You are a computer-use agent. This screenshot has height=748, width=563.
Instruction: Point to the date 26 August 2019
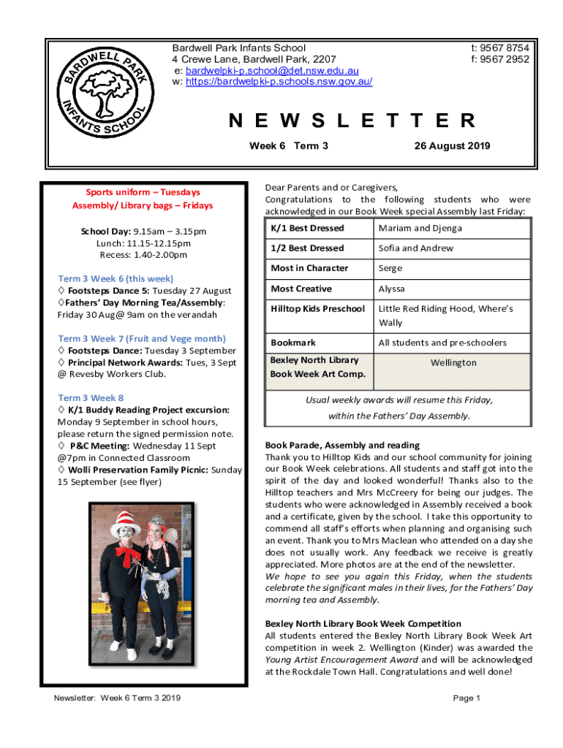tap(452, 146)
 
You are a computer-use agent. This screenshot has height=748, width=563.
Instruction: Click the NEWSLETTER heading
tap(352, 121)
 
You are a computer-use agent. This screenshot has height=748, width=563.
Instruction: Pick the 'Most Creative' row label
tap(301, 289)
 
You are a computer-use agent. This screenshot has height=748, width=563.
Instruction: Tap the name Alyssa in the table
tap(391, 289)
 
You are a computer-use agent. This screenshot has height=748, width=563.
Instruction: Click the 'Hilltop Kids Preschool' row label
tap(317, 309)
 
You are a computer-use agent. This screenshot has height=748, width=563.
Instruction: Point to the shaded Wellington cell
tap(453, 363)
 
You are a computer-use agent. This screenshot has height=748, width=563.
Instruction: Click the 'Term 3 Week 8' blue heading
tap(91, 397)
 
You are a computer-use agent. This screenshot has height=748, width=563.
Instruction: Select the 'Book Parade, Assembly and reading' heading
tap(342, 445)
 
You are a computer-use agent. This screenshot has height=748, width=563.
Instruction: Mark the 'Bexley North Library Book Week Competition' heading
tap(363, 624)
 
